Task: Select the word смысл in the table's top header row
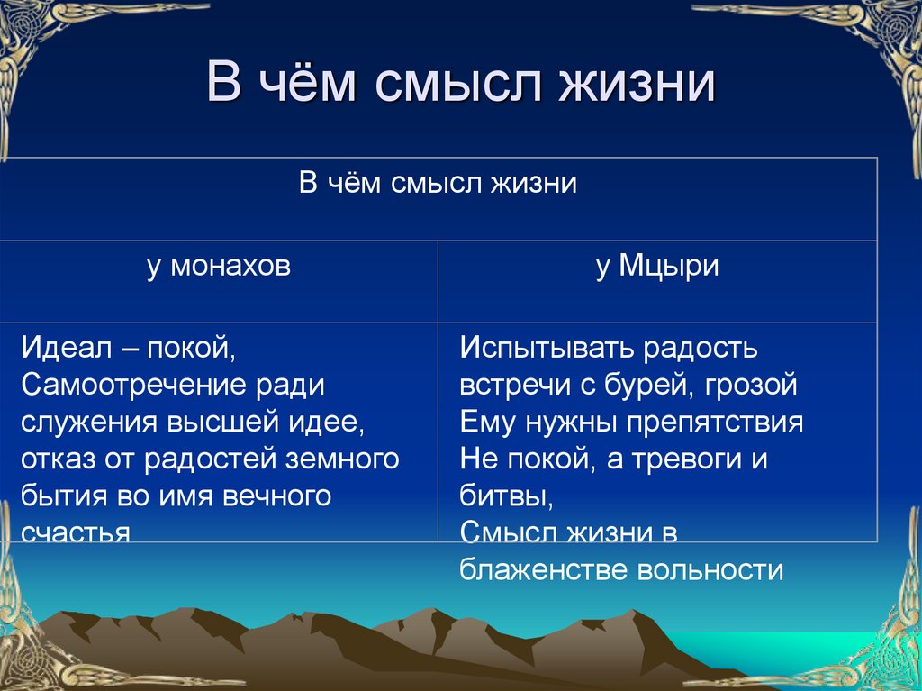tap(439, 184)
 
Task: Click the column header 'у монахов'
tap(219, 268)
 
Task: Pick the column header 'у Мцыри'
tap(656, 268)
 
